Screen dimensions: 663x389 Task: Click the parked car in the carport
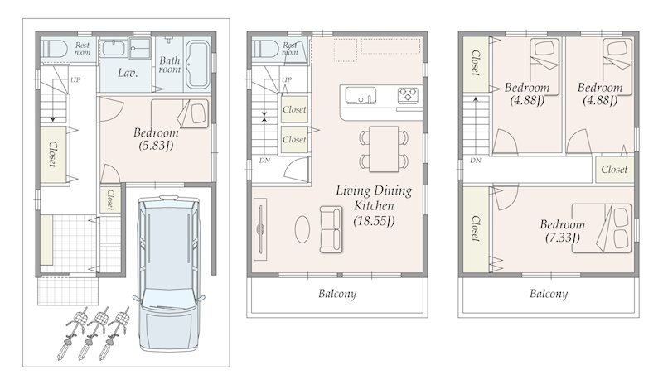click(169, 272)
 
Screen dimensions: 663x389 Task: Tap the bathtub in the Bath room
click(198, 65)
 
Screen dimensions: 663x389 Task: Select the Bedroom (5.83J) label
click(156, 139)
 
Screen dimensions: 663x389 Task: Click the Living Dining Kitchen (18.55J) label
click(375, 206)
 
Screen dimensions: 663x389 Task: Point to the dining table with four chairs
click(384, 149)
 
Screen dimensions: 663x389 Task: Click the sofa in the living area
click(331, 229)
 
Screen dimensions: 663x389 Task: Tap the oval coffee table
click(302, 229)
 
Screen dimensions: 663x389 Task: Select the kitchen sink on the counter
click(361, 95)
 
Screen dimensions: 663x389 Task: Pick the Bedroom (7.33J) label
click(563, 231)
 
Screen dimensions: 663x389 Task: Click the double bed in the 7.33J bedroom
click(603, 228)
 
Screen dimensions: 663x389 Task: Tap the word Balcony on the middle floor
click(337, 294)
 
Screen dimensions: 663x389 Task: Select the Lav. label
click(128, 73)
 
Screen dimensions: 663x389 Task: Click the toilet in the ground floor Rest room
click(55, 49)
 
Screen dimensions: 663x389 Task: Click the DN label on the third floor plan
click(476, 161)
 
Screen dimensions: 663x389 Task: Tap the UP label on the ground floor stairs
click(75, 79)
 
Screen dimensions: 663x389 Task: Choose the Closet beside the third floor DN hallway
click(614, 170)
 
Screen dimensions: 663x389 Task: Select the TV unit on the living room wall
click(260, 229)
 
